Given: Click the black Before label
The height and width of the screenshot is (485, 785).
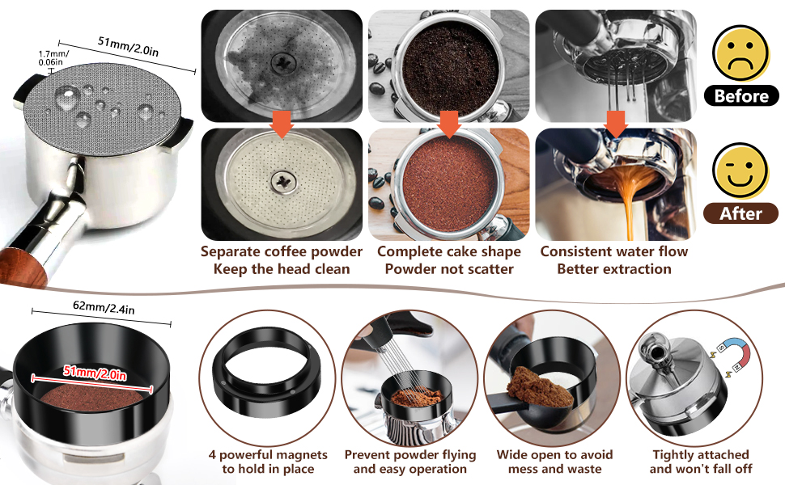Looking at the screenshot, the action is point(741,95).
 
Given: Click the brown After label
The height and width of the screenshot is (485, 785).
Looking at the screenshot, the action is point(741,213).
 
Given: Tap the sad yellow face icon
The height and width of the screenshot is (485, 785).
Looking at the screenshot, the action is point(740,53).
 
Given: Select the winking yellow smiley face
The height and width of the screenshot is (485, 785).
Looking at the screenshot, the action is point(740,171).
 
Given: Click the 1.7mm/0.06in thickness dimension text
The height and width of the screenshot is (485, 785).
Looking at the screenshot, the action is point(53,58).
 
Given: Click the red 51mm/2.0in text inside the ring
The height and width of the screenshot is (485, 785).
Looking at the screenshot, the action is point(95,373).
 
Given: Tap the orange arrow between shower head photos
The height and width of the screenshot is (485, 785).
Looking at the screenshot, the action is point(282,124).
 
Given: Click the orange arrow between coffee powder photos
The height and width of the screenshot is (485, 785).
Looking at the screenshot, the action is point(449,124).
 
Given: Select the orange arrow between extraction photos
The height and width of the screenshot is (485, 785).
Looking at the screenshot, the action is point(616,124).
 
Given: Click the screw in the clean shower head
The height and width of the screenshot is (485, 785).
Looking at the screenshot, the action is point(284,182).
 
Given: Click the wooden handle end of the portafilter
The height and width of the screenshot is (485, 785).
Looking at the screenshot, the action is point(23,268).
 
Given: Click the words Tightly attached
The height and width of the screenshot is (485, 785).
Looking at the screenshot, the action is point(701,454).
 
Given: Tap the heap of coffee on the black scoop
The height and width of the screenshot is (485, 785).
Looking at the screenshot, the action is point(540,386).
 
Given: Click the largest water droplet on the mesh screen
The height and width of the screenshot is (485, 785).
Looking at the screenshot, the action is point(67,97).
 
